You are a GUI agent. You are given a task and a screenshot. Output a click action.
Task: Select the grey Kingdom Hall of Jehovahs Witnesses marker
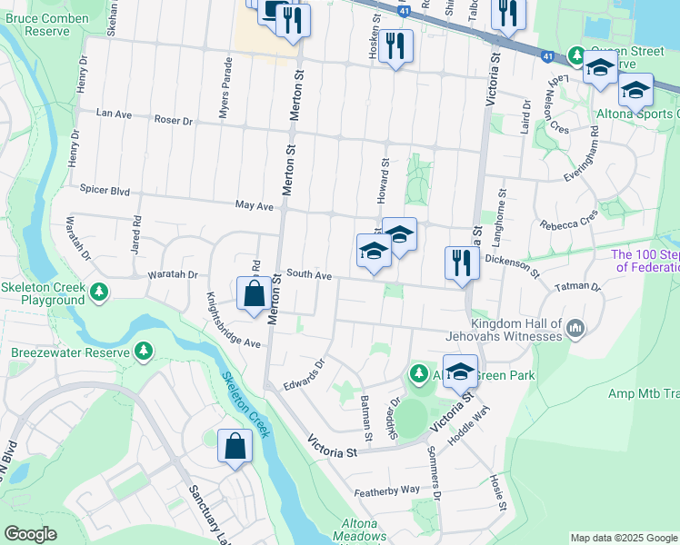(x=575, y=328)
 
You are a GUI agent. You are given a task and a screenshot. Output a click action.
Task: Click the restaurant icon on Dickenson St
(x=462, y=264)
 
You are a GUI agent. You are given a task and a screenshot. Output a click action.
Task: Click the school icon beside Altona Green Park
(x=462, y=372)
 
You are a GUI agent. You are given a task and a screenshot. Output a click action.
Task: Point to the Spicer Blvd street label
(x=105, y=193)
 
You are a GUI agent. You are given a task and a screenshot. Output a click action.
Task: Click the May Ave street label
(x=254, y=206)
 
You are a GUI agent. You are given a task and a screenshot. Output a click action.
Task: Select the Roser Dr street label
(x=174, y=120)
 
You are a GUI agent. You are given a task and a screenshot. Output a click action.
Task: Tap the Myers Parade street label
(x=225, y=88)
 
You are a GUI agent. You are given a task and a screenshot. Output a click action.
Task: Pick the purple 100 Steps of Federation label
(x=645, y=262)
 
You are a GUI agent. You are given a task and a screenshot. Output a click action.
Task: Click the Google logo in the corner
(x=30, y=534)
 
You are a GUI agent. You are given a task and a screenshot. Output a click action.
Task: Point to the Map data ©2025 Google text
(x=623, y=538)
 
